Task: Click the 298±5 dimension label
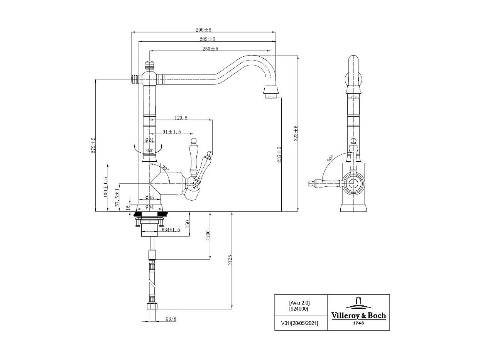point(203,30)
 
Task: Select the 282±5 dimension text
point(207,39)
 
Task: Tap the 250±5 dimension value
point(210,49)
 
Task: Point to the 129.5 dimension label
point(181,118)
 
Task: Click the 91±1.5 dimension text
point(172,132)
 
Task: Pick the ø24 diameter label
point(150,140)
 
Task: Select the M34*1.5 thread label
point(171,230)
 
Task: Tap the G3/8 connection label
point(171,319)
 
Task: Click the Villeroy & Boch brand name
point(358,316)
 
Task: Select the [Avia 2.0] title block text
point(299,303)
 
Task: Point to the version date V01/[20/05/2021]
point(297,323)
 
